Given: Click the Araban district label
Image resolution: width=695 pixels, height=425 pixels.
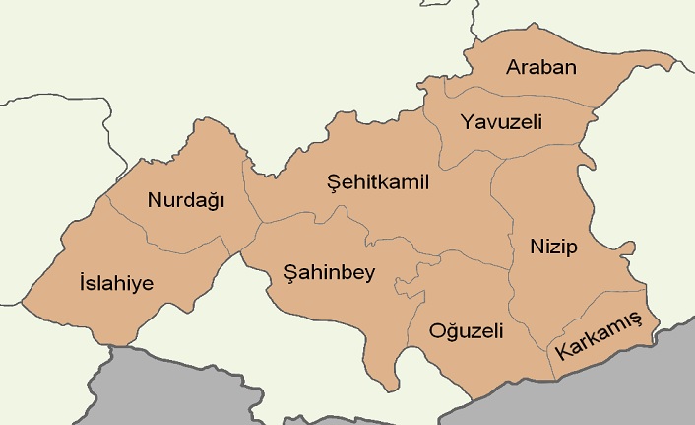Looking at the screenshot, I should pos(540,68).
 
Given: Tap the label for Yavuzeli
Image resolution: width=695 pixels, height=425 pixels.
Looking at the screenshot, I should pos(502,123).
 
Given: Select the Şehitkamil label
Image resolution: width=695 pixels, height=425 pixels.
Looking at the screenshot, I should pos(378,182).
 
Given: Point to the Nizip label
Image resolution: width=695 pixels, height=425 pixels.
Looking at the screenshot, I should pos(552,245).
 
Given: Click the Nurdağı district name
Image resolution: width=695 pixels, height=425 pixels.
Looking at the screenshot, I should pos(186,200).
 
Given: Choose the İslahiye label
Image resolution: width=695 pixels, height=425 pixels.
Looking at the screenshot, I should pos(115,283).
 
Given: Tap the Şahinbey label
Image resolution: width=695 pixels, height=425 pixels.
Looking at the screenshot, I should pos(329,272).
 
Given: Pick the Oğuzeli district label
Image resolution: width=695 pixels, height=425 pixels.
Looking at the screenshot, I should pos(466,330).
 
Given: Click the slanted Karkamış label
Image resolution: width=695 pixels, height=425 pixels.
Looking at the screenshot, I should pos(598,335).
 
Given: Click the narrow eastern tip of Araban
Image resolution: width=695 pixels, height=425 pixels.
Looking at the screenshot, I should pos(669,66).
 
